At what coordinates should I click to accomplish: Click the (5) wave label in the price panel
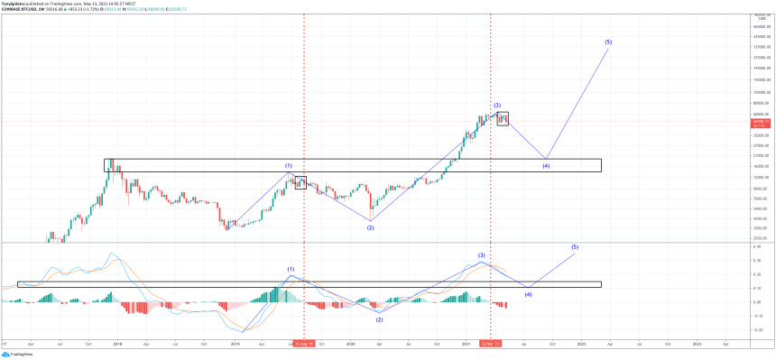(x=608, y=42)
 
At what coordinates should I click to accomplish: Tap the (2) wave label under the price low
(x=370, y=227)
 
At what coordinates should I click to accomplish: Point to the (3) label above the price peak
(x=497, y=106)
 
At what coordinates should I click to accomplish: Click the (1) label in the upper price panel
(x=289, y=166)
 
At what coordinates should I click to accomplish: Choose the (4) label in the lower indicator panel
(x=529, y=294)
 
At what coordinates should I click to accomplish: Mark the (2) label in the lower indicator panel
(x=379, y=319)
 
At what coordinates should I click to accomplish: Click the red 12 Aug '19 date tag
(x=303, y=344)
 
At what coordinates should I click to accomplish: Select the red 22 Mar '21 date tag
(x=491, y=344)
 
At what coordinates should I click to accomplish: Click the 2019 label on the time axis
(x=236, y=344)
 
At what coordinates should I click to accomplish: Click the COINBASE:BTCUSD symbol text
(x=22, y=11)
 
